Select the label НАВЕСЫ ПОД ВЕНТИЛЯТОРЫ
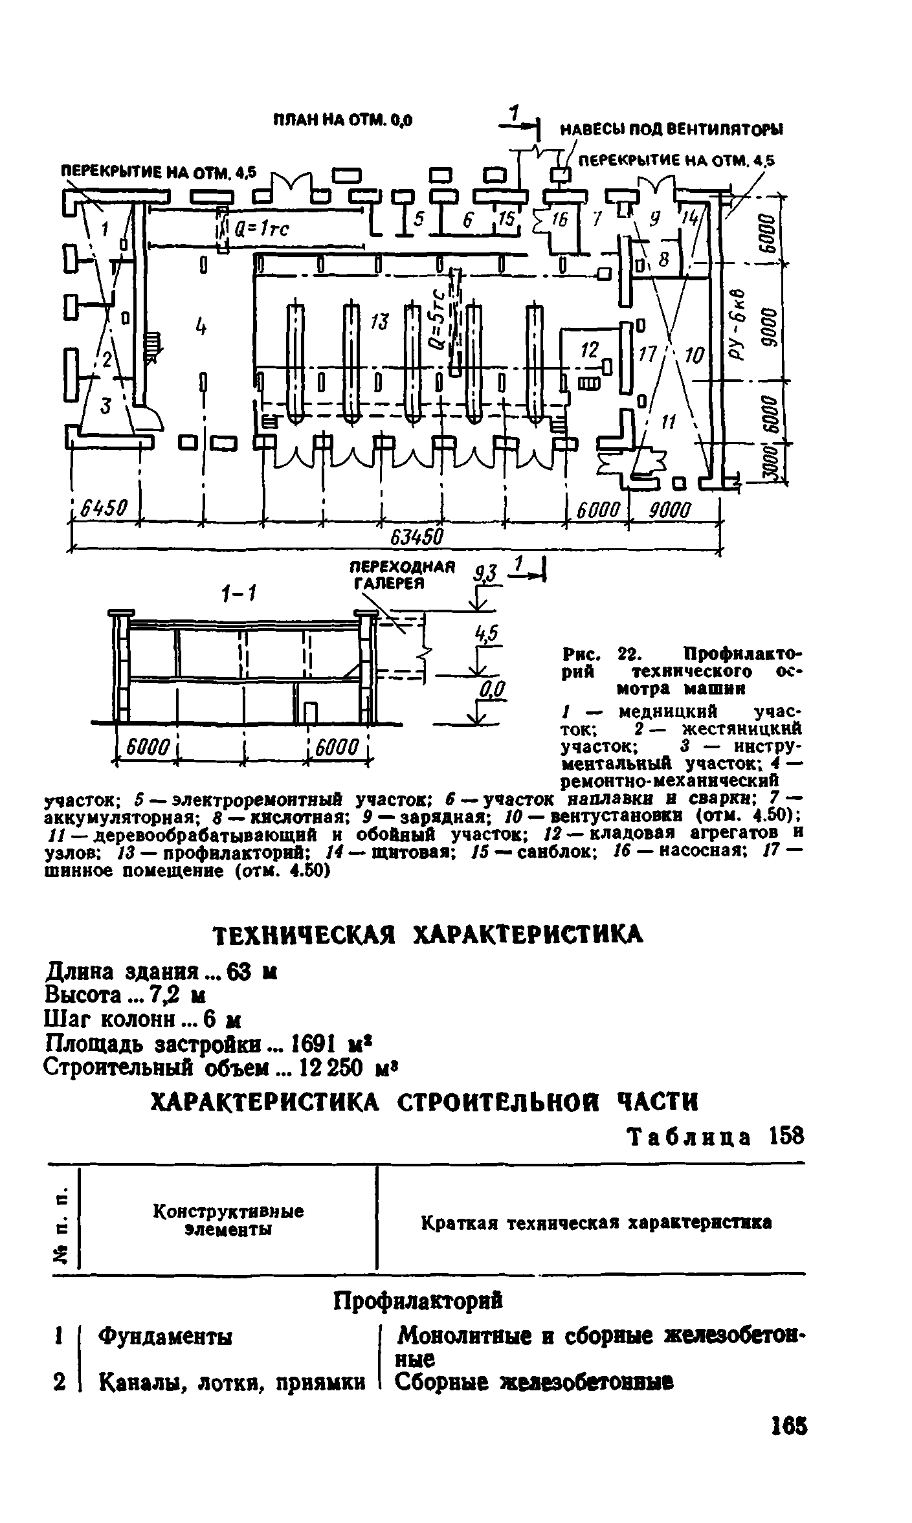(670, 129)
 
